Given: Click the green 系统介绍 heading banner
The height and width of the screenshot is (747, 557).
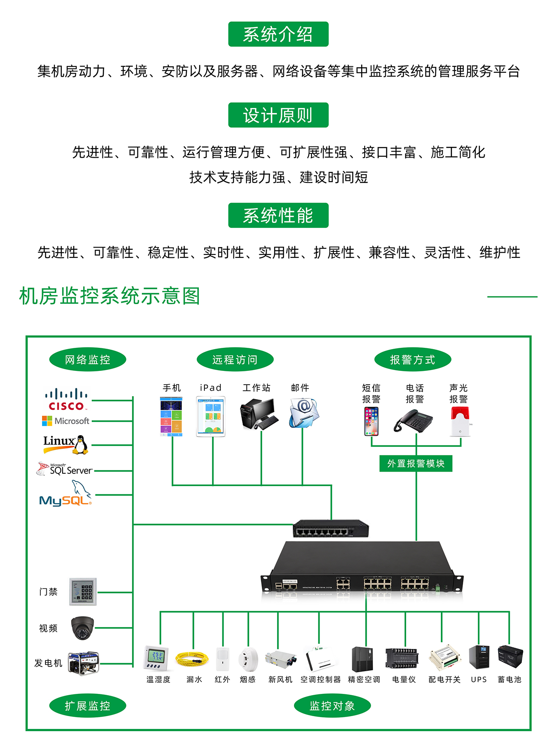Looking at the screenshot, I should (278, 34).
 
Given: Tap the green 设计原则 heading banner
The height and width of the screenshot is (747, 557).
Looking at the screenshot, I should (278, 115).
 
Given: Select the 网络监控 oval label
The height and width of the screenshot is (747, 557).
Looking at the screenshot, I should (87, 360).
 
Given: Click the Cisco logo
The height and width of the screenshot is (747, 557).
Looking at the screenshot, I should (66, 400).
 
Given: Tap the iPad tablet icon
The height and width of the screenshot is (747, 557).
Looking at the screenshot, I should (211, 416).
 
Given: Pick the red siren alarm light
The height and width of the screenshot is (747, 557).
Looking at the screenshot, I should (460, 421).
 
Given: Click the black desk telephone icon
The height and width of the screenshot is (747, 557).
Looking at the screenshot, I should (413, 421).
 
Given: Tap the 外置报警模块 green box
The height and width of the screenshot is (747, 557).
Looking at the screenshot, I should (416, 463).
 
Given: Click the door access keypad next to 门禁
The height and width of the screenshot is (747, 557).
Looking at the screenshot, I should (83, 592).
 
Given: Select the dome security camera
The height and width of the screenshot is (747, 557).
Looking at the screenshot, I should (82, 628).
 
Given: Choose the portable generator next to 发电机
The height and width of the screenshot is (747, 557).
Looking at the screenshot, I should (84, 663).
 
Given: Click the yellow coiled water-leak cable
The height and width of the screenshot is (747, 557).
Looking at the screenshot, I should (192, 659).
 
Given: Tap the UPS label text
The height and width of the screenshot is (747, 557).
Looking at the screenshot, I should (479, 680).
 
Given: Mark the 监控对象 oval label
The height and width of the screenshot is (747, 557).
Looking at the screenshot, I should (332, 706).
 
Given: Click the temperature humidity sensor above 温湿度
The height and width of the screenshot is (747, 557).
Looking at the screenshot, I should (156, 657).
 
